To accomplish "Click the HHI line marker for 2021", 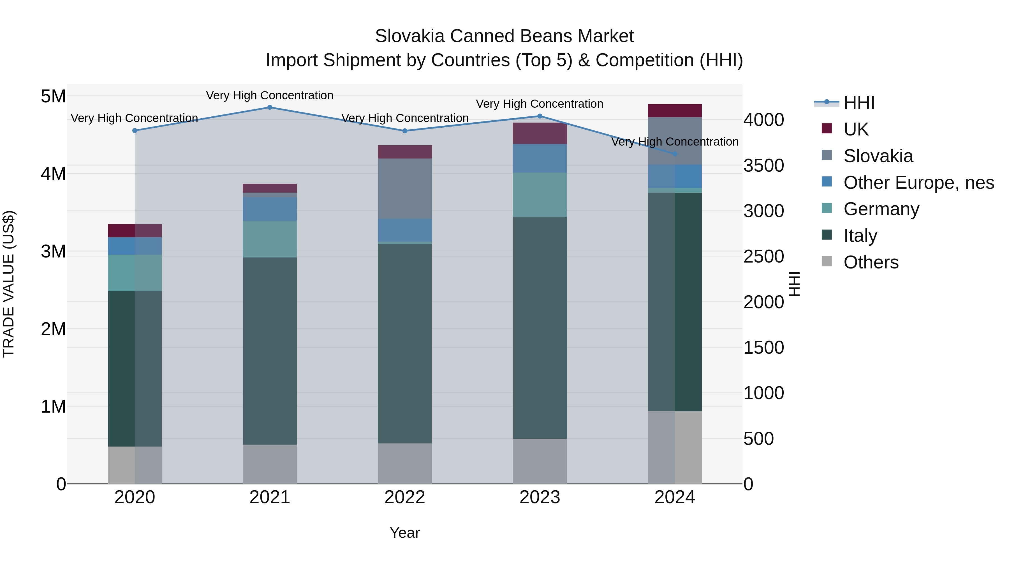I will tap(269, 107).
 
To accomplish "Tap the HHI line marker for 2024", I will tap(675, 154).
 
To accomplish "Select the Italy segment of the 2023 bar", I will tap(540, 327).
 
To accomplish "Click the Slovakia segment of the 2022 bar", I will tap(405, 188).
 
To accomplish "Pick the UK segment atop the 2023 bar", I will tap(540, 133).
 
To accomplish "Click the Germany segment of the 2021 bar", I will tap(269, 239).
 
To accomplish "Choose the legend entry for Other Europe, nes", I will tap(918, 183).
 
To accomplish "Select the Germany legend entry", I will tap(881, 209).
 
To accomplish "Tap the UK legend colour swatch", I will tap(827, 128).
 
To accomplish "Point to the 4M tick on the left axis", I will tap(53, 174).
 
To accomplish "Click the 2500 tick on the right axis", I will tap(763, 257).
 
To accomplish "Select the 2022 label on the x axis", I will tap(405, 497).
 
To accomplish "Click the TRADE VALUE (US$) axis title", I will tap(9, 284).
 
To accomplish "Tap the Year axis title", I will tap(405, 533).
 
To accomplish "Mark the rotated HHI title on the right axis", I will tap(794, 284).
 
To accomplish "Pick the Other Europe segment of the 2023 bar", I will tap(540, 158).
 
